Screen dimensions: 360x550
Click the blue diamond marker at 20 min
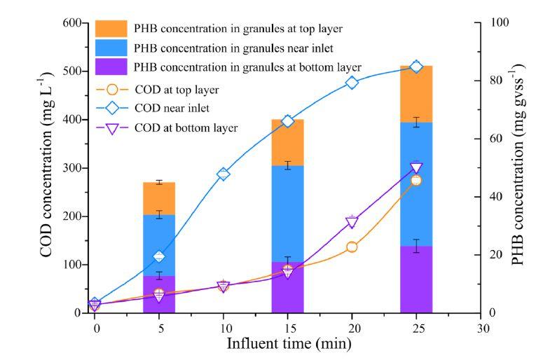[352, 83]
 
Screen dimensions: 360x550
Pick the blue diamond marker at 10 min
[224, 174]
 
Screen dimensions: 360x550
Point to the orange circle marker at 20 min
[352, 247]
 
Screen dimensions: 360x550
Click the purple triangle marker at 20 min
[352, 223]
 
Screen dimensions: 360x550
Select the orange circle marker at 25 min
[416, 180]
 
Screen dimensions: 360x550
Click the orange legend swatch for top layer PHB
[111, 29]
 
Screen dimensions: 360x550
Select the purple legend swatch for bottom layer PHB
[111, 67]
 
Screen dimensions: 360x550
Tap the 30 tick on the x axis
[481, 326]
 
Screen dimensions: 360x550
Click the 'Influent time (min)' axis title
[288, 345]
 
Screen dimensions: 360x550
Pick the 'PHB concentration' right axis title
[518, 168]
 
